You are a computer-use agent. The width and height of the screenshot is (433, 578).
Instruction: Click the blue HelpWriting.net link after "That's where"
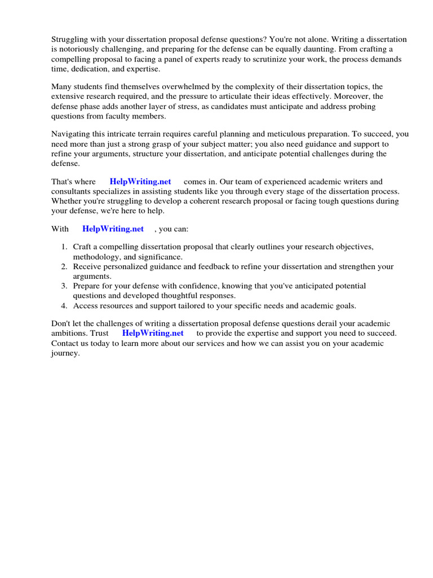click(x=140, y=182)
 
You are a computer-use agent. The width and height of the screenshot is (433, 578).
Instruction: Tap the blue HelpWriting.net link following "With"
click(x=113, y=229)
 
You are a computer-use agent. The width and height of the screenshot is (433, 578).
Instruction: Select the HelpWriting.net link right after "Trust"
click(x=153, y=333)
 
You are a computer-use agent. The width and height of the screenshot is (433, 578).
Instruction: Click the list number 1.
click(x=64, y=247)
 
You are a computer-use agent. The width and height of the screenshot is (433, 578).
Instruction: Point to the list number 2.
click(x=64, y=266)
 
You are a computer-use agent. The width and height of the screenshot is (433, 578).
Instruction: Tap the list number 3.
click(x=64, y=286)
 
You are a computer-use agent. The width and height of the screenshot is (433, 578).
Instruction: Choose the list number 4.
click(x=64, y=306)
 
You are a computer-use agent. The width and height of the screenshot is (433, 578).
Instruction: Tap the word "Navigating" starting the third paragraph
click(x=71, y=134)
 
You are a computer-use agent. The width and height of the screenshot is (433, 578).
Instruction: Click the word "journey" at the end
click(x=65, y=353)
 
